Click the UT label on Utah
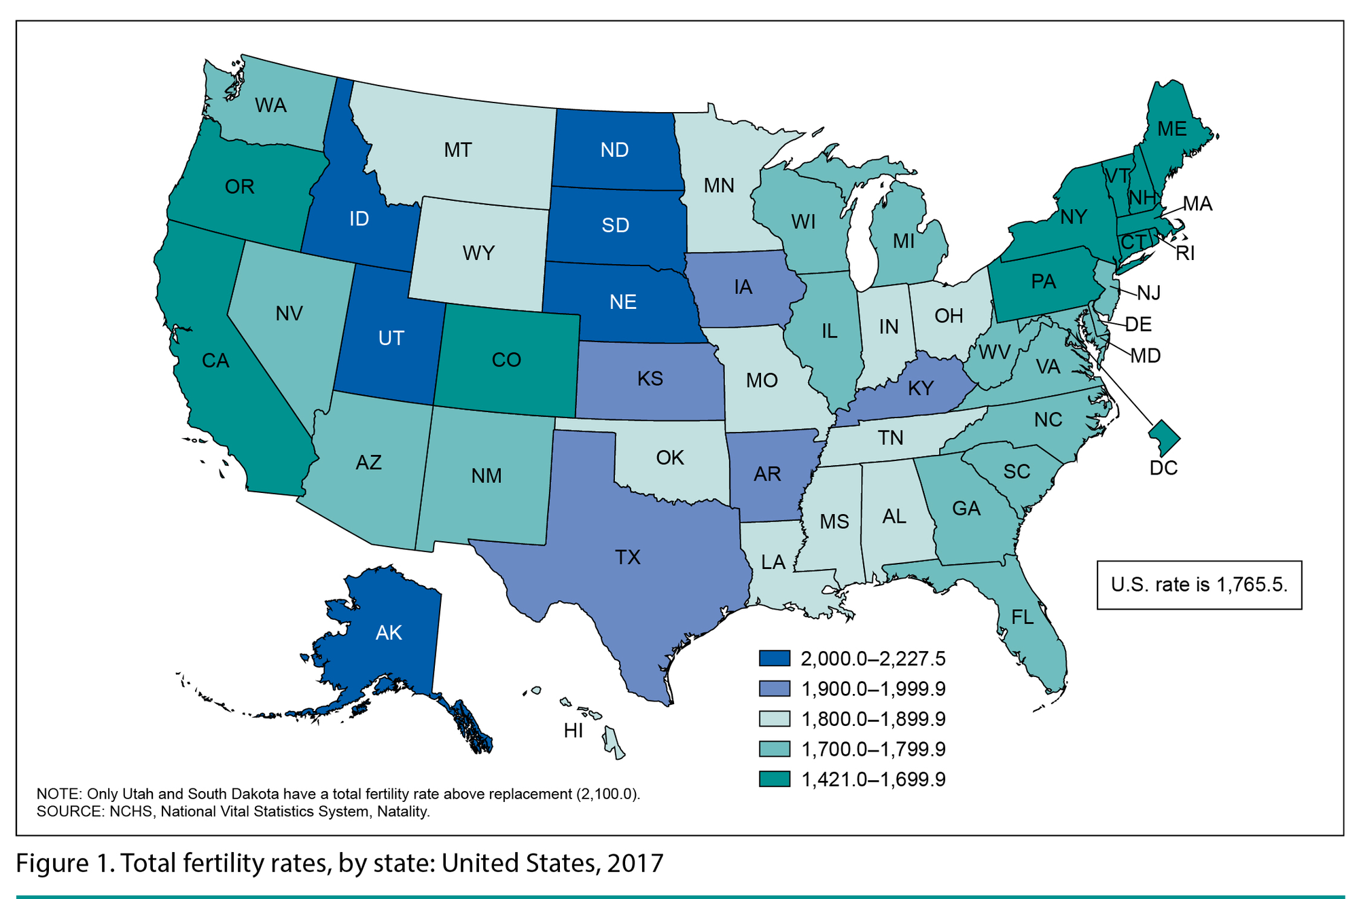point(391,338)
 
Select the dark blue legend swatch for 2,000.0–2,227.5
point(775,659)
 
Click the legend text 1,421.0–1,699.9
point(873,779)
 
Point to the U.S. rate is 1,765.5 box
point(1199,585)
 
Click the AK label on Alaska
point(389,633)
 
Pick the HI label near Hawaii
point(573,731)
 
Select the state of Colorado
point(506,360)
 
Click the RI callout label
point(1185,253)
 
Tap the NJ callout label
point(1149,293)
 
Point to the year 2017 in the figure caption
point(635,863)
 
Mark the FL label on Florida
point(1023,617)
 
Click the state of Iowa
point(743,288)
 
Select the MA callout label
point(1197,204)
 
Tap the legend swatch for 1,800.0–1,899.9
point(775,719)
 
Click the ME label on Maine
point(1171,129)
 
